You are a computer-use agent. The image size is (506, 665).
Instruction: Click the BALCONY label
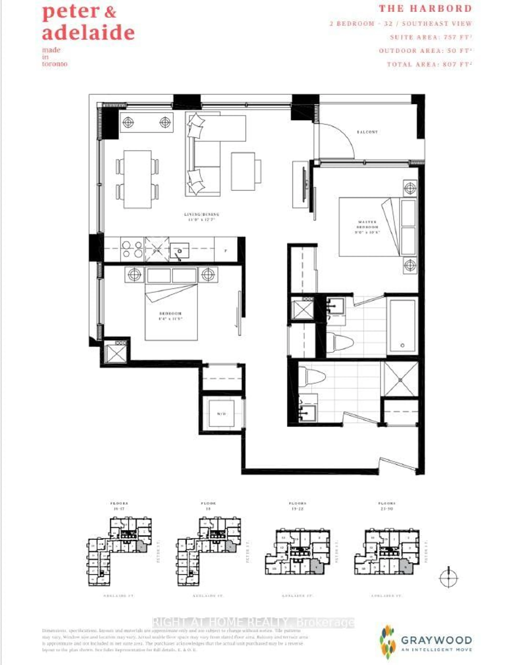pyautogui.click(x=367, y=132)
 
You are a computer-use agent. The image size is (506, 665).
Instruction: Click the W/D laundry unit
pyautogui.click(x=221, y=414)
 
